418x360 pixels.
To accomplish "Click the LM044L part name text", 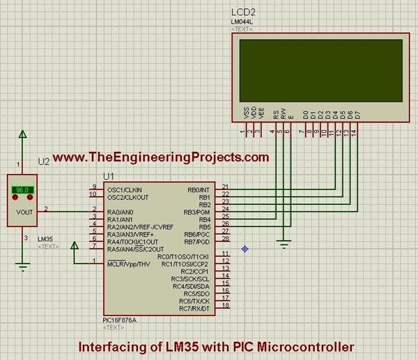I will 242,22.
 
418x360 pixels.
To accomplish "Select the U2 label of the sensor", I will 44,162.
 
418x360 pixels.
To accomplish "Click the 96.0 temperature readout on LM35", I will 22,189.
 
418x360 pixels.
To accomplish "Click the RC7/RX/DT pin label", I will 195,308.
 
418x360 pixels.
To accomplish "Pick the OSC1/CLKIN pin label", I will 124,189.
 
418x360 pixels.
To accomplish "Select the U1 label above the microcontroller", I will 109,177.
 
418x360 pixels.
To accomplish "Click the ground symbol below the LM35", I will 23,265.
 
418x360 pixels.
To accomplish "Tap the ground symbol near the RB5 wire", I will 282,243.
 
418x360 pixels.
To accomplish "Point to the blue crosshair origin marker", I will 245,249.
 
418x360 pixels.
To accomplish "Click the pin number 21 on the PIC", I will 225,186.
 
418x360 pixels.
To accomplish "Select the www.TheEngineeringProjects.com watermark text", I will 160,157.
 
